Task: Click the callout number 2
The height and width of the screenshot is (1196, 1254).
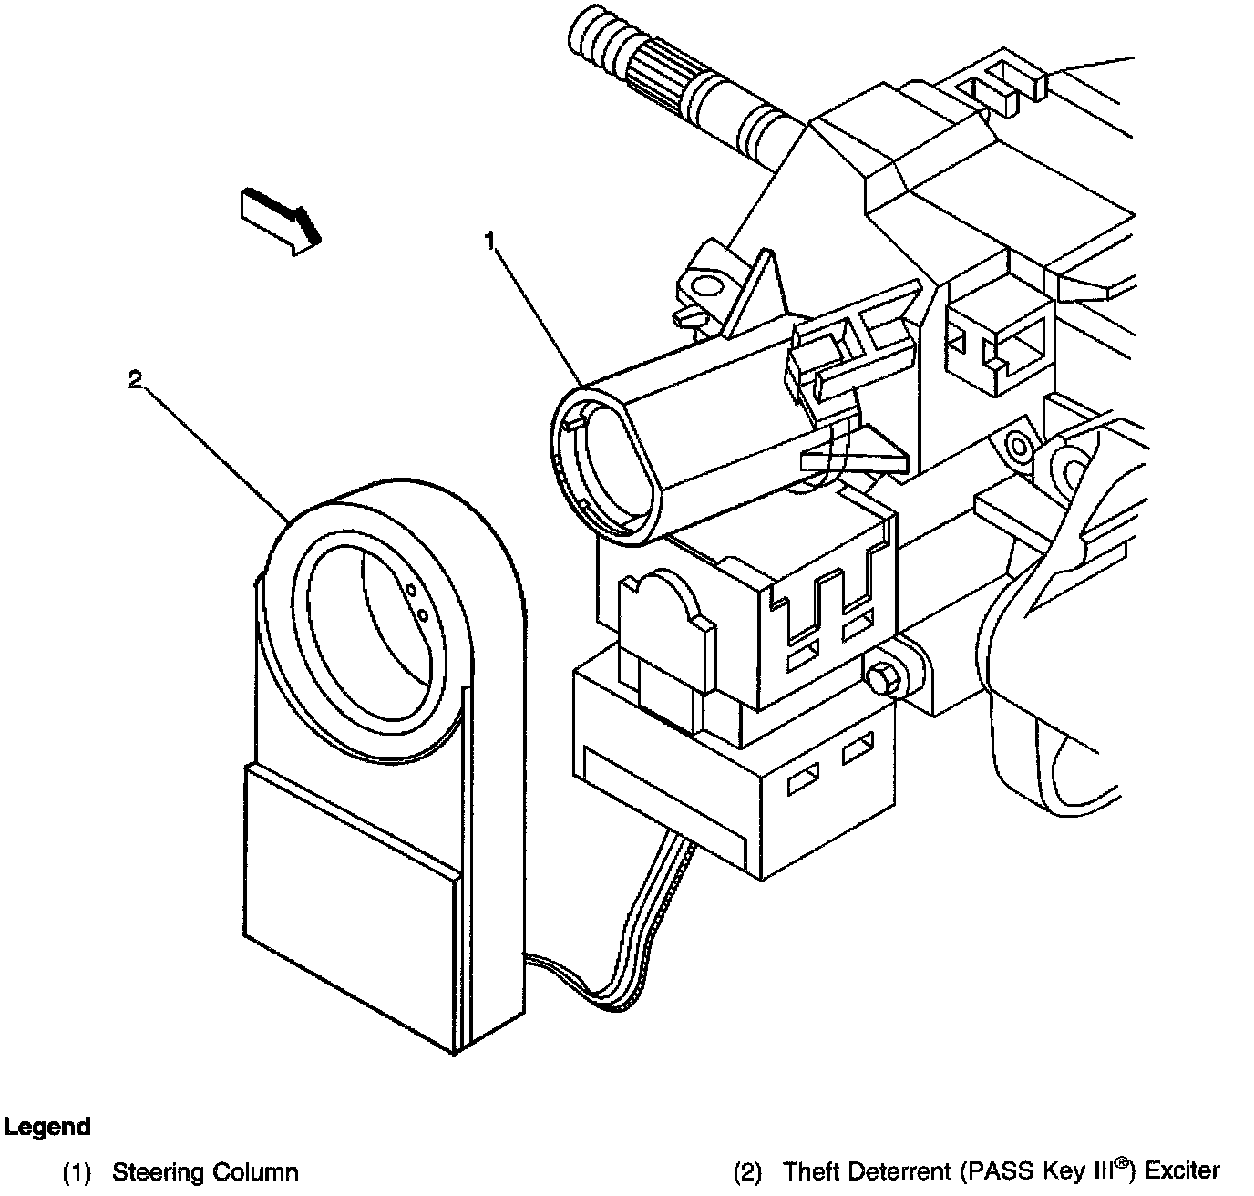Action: click(135, 380)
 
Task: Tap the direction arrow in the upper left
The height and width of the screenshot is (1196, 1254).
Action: click(280, 220)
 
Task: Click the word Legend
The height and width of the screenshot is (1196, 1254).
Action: click(47, 1127)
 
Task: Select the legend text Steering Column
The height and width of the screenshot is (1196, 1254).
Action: click(205, 1172)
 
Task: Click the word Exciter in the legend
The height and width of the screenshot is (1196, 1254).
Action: click(1182, 1170)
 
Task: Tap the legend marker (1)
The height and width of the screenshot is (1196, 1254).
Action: click(77, 1173)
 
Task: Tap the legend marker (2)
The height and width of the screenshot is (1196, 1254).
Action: click(747, 1171)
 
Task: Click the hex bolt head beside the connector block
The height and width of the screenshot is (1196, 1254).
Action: click(880, 680)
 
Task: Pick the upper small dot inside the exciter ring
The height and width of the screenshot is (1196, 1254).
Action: click(411, 591)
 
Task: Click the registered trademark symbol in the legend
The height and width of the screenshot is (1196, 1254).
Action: click(1126, 1161)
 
